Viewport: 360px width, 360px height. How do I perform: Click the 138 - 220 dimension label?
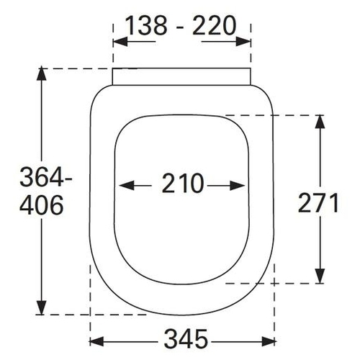point(181,25)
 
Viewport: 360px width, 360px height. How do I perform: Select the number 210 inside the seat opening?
point(183,183)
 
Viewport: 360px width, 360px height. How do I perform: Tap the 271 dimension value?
point(318,203)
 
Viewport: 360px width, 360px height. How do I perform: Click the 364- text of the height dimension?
point(46,177)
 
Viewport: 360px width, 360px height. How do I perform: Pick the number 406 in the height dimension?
point(42,205)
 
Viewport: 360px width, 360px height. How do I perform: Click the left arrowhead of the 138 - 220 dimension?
point(120,42)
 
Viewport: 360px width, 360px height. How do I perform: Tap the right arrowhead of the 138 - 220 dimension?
point(243,42)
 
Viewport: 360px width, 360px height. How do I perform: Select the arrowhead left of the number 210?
point(127,186)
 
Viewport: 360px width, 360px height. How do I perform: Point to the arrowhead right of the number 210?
point(238,186)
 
